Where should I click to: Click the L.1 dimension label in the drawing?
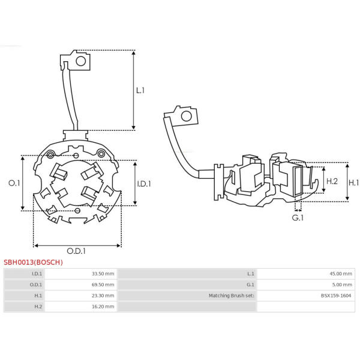(140, 91)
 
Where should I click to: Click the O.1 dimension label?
(14, 183)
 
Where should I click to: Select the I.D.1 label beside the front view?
(144, 184)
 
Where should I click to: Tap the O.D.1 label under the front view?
(76, 251)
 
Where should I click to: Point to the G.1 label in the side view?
(298, 218)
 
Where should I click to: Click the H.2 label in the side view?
(332, 181)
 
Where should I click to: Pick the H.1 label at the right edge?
(354, 183)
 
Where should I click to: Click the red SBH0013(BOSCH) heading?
(33, 262)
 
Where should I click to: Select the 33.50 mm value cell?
(103, 274)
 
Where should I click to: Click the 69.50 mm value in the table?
(103, 284)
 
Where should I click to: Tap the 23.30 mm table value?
(103, 295)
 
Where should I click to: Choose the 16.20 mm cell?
(103, 307)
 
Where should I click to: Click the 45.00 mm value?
(341, 274)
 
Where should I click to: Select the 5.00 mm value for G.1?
(342, 284)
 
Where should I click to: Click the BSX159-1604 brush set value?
(336, 295)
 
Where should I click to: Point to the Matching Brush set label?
(232, 295)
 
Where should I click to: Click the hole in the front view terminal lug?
(81, 61)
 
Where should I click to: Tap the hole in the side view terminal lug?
(187, 116)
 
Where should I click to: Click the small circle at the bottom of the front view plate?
(77, 211)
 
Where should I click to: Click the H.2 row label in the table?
(38, 307)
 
